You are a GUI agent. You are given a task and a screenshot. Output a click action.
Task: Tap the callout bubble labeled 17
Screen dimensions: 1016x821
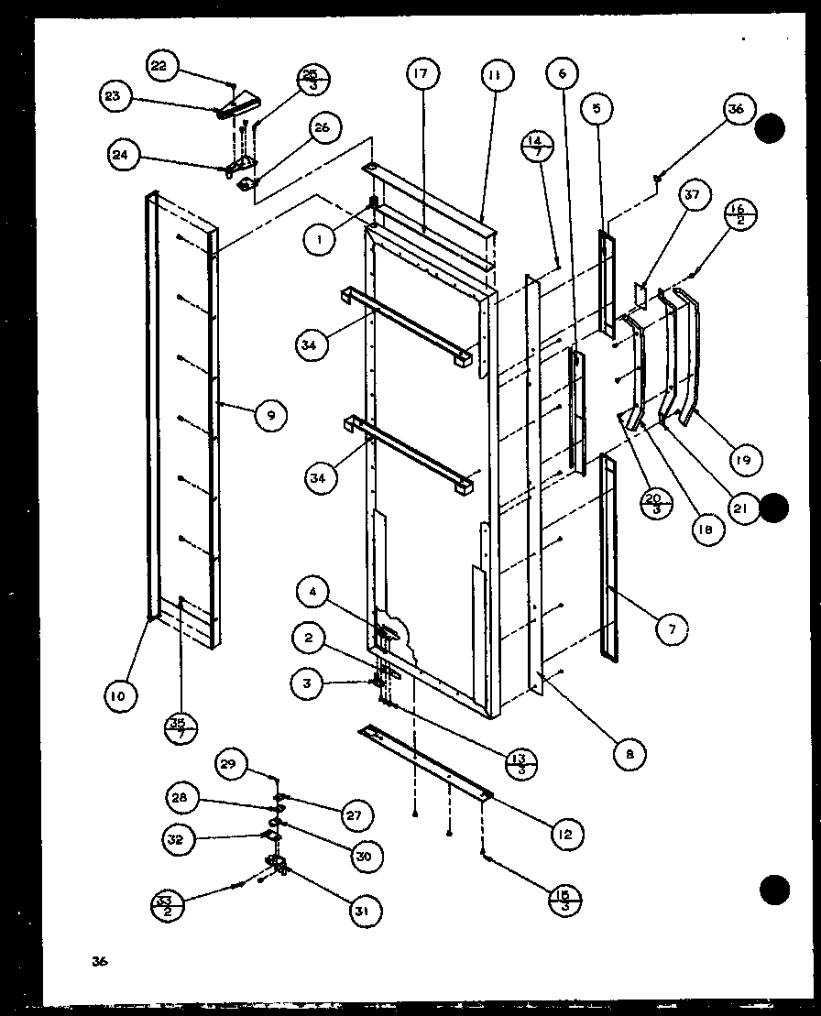point(425,74)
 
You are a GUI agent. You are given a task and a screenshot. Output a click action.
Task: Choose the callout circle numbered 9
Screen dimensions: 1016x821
point(270,415)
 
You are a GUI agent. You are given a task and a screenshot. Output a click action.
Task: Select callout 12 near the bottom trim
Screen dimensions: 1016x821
point(567,833)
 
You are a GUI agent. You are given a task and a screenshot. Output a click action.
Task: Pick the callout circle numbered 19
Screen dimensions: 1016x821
point(744,460)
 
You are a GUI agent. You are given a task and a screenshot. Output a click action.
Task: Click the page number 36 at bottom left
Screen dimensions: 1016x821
point(99,961)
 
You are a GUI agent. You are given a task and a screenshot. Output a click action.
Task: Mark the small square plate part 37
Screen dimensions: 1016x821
point(640,295)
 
